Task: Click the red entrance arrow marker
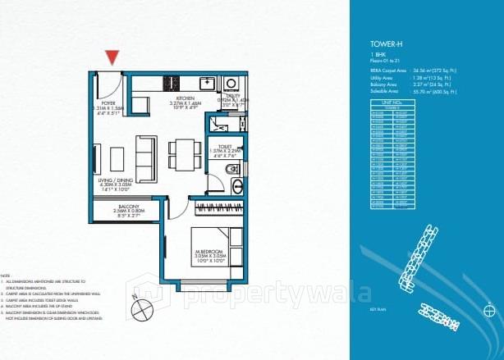tap(112, 57)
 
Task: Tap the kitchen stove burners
tap(173, 82)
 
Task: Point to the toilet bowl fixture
tap(231, 171)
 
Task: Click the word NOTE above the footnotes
tap(7, 275)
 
